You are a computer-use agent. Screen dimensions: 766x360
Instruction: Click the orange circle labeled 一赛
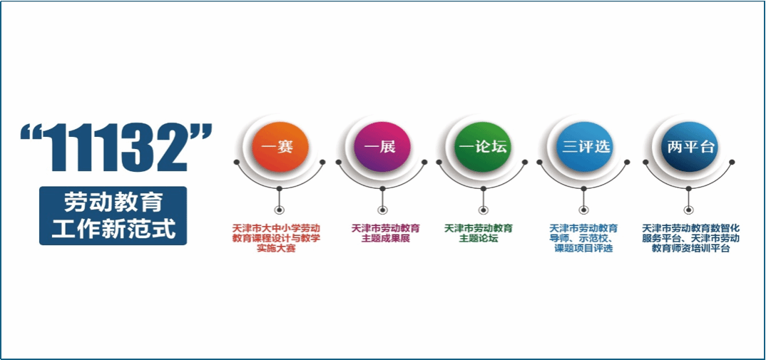pos(280,147)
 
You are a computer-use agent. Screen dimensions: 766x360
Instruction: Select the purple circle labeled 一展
pos(381,147)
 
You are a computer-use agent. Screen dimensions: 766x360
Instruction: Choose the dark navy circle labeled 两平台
pos(688,147)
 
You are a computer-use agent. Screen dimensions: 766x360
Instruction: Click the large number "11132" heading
pos(116,147)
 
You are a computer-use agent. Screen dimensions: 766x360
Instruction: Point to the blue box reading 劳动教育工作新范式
pos(113,215)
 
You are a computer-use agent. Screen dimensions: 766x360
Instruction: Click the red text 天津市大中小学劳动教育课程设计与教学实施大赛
pos(276,238)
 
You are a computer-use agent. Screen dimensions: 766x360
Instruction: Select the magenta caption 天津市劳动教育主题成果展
pos(385,234)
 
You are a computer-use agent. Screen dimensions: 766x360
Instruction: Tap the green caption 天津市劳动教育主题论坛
pos(479,234)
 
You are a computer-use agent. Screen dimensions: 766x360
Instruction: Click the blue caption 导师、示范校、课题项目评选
pos(583,238)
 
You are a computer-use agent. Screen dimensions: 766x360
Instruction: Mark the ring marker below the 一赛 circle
pos(279,210)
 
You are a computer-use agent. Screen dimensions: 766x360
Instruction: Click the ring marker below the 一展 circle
pos(381,210)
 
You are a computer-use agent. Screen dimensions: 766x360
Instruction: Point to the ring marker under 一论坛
pos(483,210)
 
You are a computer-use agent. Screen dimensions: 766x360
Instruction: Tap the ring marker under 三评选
pos(584,210)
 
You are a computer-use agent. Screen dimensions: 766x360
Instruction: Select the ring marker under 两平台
pos(688,210)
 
